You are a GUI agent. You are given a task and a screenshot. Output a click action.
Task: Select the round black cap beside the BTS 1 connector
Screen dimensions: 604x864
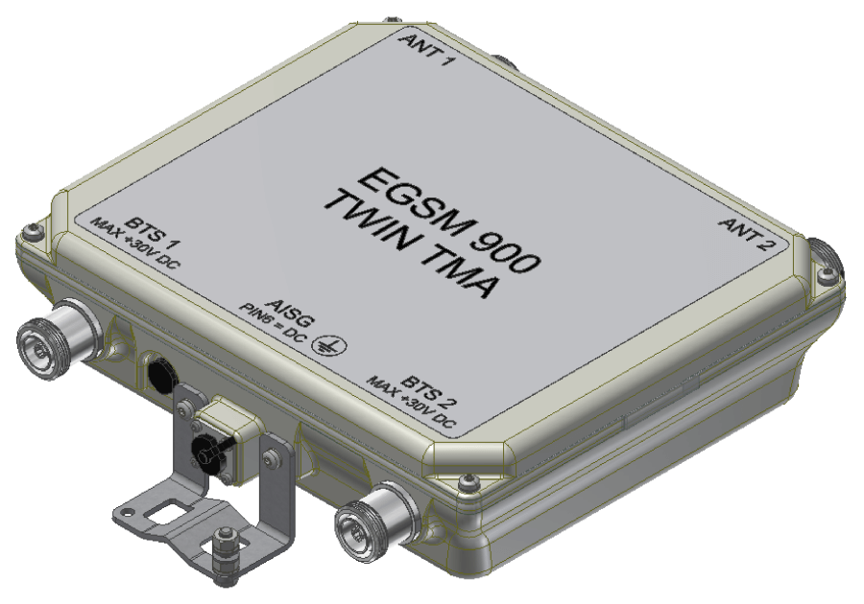[156, 367]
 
